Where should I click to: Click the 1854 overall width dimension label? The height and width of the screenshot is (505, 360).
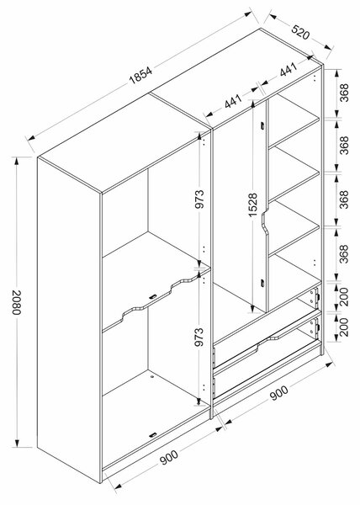coord(140,76)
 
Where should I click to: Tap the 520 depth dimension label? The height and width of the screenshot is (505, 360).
coord(300,31)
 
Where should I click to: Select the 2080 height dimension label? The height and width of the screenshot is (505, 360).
coord(17,302)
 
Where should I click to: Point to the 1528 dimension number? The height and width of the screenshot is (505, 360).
coord(253,205)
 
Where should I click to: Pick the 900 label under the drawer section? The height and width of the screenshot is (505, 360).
coord(279,392)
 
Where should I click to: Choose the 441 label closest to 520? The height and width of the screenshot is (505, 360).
coord(288,70)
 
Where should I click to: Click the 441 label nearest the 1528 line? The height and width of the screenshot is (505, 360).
coord(233,101)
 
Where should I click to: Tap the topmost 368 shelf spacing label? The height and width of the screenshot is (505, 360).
coord(344,93)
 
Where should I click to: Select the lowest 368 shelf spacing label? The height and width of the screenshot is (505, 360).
coord(344,254)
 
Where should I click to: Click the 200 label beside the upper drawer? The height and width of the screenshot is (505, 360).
coord(344,296)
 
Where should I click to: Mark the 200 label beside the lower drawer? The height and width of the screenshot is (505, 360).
coord(344,327)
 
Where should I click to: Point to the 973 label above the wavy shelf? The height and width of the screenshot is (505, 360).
coord(199,199)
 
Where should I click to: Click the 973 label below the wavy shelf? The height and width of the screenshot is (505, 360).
coord(199,337)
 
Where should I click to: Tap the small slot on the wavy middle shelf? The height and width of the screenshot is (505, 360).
coord(153,296)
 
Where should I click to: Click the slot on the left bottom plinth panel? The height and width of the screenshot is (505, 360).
coord(153,435)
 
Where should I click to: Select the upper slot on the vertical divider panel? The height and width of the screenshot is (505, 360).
coord(262,126)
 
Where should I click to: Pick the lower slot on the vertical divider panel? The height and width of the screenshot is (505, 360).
coord(262,283)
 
